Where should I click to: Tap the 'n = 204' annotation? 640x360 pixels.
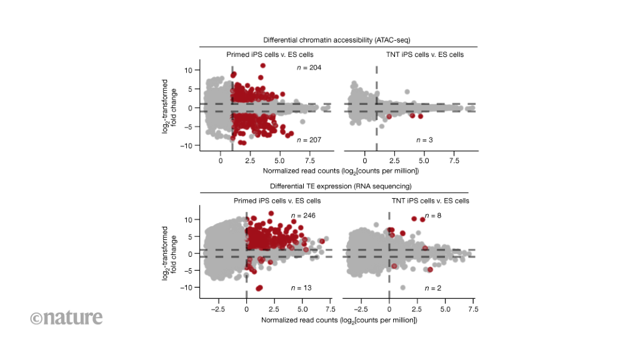point(309,67)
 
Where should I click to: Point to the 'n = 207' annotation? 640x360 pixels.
point(309,139)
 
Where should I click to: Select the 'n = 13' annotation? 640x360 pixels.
point(301,287)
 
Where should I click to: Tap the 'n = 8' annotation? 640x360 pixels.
point(434,216)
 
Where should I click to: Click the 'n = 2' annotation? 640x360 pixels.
point(434,287)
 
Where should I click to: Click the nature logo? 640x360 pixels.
point(66,317)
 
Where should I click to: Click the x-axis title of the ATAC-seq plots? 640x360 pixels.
point(340,171)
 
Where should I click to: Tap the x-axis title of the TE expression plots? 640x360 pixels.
point(339,319)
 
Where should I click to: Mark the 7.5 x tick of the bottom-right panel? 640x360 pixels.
point(473,309)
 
